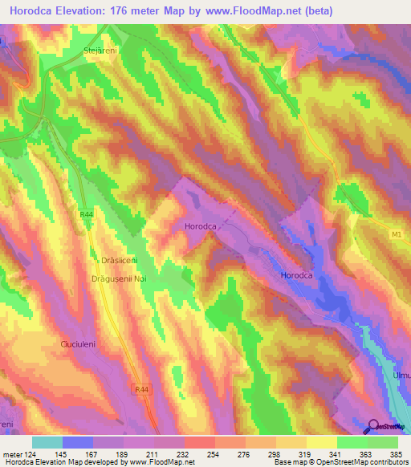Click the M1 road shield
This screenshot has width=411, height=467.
pos(395,233)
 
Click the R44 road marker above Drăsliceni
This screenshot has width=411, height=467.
pos(87,214)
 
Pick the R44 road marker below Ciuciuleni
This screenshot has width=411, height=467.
pos(141,388)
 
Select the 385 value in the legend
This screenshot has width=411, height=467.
pos(395,453)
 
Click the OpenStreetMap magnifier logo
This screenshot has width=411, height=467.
pos(374,428)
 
